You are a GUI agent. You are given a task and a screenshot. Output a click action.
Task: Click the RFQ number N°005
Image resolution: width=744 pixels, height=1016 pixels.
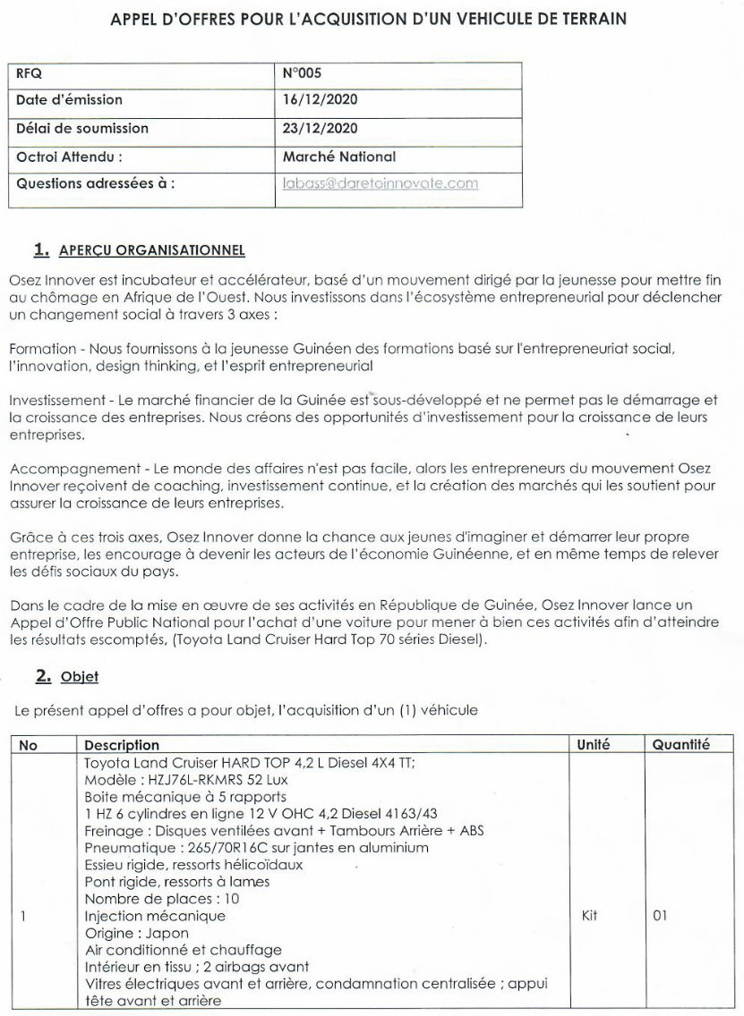pyautogui.click(x=302, y=73)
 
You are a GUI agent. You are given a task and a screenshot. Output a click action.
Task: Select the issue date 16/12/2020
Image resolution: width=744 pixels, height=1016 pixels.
pyautogui.click(x=320, y=100)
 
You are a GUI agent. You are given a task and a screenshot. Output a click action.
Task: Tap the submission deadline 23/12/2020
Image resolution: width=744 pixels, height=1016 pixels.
pyautogui.click(x=320, y=128)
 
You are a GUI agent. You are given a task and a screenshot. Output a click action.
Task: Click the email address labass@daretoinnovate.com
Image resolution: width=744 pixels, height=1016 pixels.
pyautogui.click(x=381, y=183)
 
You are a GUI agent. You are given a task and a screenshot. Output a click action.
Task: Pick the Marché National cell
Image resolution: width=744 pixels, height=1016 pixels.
pyautogui.click(x=338, y=157)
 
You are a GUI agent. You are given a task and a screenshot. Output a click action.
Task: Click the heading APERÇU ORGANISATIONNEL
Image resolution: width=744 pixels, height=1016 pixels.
pyautogui.click(x=151, y=250)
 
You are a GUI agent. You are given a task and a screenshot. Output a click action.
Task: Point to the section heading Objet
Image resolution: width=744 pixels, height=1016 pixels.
pyautogui.click(x=79, y=677)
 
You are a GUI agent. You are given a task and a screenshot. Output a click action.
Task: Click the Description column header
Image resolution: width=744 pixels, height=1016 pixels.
pyautogui.click(x=122, y=744)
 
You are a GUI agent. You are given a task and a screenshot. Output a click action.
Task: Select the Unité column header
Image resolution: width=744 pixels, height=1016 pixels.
pyautogui.click(x=594, y=744)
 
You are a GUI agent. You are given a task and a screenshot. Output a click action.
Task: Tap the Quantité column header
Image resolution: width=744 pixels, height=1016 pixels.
pyautogui.click(x=680, y=744)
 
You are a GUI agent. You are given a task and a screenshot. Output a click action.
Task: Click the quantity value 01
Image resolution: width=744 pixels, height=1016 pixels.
pyautogui.click(x=661, y=916)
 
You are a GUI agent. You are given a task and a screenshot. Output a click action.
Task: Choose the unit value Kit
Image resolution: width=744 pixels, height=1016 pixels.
pyautogui.click(x=590, y=916)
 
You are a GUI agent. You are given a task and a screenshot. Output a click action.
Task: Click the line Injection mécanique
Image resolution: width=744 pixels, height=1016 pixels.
pyautogui.click(x=155, y=916)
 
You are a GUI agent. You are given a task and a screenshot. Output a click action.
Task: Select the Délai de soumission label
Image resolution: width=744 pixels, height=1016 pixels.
pyautogui.click(x=82, y=128)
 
